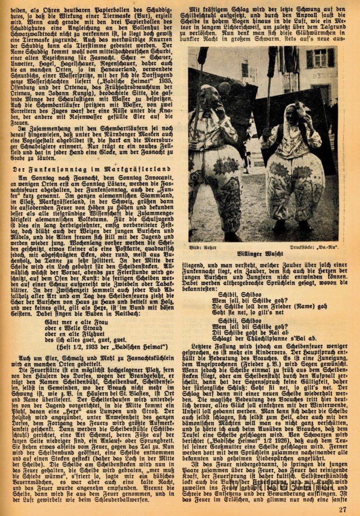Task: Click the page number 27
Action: [342, 508]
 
